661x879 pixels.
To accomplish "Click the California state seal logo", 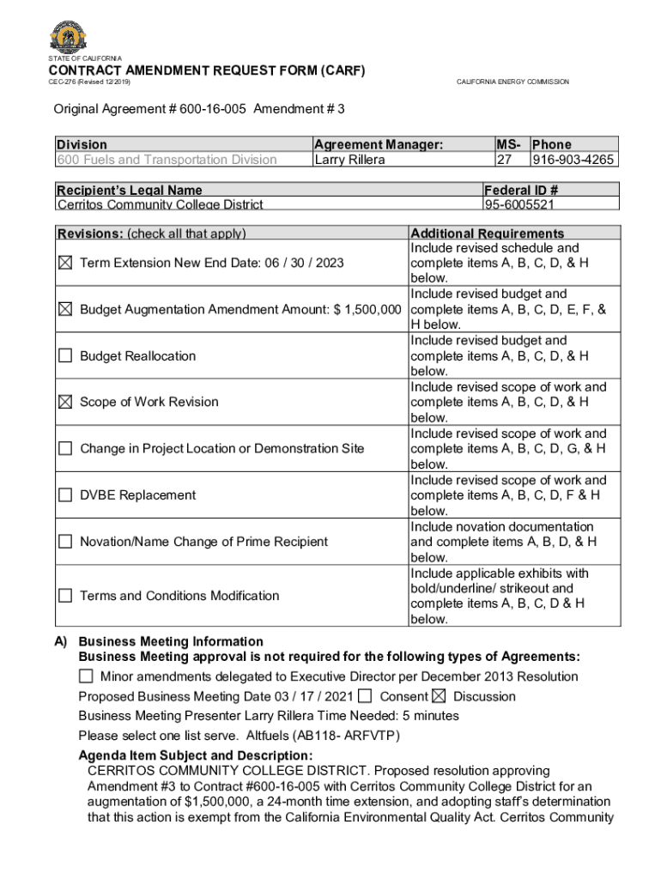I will (69, 36).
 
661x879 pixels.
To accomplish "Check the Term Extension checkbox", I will (65, 263).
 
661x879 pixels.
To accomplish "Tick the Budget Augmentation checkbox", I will (65, 309).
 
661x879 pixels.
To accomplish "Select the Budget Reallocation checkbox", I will (65, 355).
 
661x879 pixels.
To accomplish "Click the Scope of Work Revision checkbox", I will (65, 402).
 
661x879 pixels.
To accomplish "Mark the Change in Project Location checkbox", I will (65, 448).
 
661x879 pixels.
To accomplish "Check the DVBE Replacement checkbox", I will (65, 494).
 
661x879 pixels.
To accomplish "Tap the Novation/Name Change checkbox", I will (65, 542).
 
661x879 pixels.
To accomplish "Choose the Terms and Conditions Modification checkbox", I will (65, 596).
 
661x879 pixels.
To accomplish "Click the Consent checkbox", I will (366, 695).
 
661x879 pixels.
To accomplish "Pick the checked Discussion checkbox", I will (440, 695).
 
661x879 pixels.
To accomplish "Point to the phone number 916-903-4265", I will (573, 160).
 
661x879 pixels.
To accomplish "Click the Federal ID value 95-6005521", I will (519, 205).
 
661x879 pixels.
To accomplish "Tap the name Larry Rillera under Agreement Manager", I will (349, 160).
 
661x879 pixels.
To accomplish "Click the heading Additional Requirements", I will (488, 233).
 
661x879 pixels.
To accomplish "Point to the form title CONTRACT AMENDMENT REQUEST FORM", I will (206, 70).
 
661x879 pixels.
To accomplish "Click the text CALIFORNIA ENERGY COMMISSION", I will (512, 82).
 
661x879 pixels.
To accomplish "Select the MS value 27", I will (505, 160).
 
